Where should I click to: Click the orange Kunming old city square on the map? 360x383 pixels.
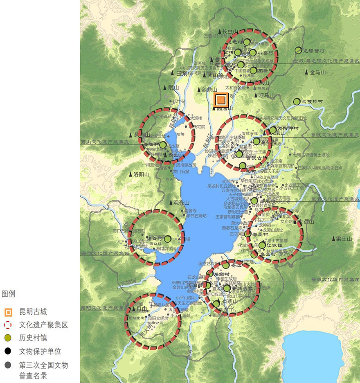tap(221, 100)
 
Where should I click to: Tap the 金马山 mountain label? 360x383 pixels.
tap(318, 72)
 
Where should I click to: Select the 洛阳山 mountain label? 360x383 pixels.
tap(142, 174)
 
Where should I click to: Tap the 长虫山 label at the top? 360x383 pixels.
tap(230, 31)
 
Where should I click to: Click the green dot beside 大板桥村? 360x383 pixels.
tap(297, 101)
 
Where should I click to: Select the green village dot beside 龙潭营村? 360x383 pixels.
tap(298, 50)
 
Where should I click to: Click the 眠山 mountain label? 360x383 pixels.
tap(174, 88)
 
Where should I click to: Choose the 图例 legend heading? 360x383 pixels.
tap(9, 294)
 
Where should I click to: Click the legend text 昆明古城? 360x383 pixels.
tap(33, 312)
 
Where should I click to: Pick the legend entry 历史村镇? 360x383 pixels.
tap(33, 338)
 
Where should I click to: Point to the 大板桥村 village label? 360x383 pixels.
tap(312, 101)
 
